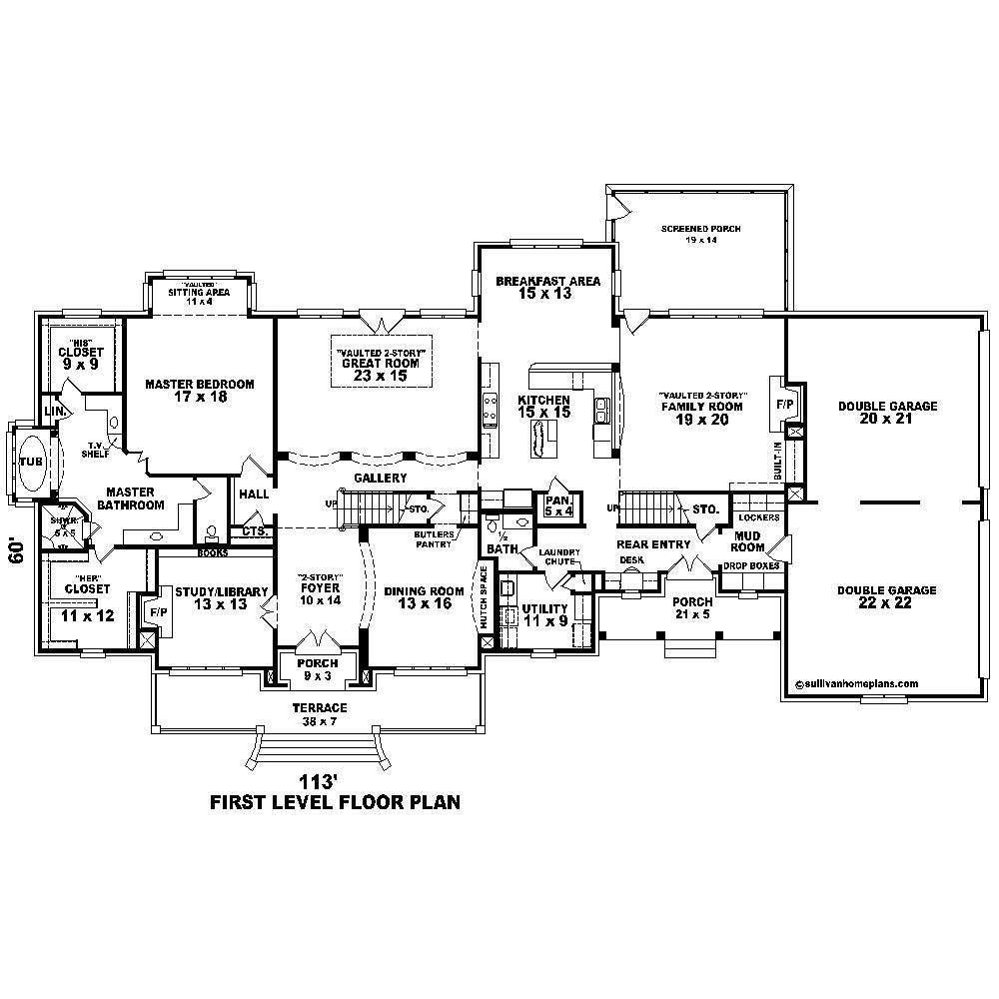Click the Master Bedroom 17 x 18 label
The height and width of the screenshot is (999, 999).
199,391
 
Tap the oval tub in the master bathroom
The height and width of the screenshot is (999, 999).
32,462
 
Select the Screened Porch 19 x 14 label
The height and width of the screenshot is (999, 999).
700,235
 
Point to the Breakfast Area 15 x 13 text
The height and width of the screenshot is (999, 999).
548,288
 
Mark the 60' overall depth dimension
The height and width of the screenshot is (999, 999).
17,550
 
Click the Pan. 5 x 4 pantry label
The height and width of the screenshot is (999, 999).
556,505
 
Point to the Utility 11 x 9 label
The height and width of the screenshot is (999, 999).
545,614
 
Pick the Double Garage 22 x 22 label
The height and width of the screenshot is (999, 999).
887,596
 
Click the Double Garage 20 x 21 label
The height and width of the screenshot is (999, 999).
887,413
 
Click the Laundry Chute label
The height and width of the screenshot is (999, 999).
558,557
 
